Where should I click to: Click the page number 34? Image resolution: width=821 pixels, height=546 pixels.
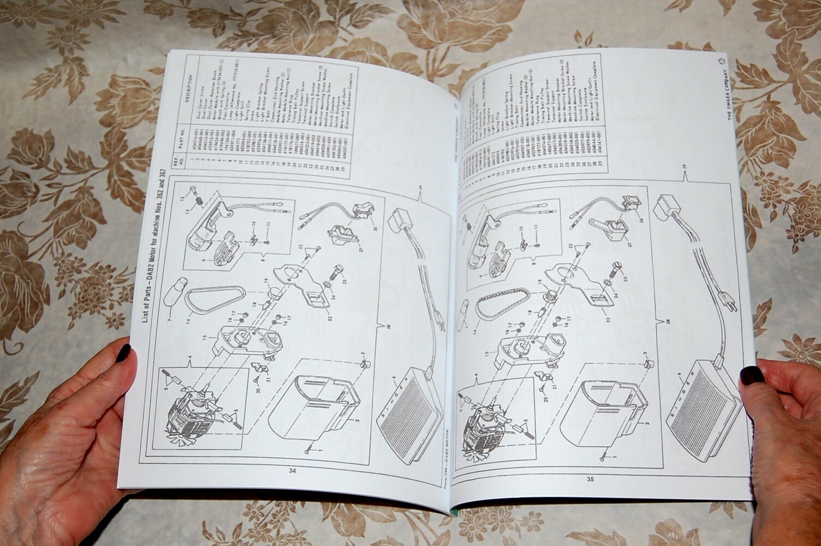291,471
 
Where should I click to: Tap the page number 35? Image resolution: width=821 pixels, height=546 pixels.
590,479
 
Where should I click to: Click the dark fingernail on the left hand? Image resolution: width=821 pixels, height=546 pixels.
123,353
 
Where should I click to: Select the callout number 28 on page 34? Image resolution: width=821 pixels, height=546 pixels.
388,327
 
